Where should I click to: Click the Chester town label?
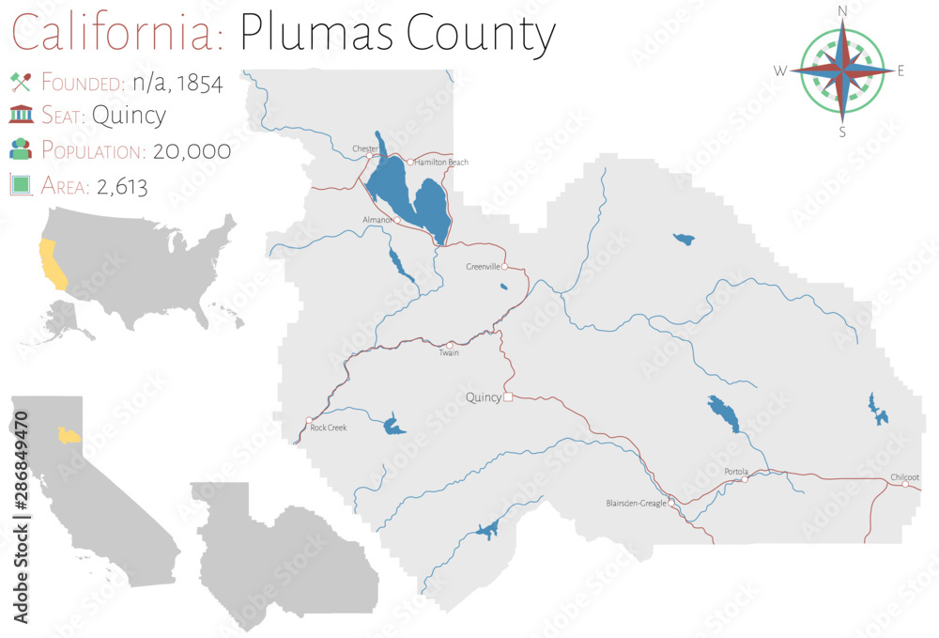point(365,148)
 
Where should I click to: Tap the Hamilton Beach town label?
point(442,163)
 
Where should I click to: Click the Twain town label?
point(449,353)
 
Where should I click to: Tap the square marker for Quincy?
point(508,397)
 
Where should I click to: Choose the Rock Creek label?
point(329,428)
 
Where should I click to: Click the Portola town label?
point(737,471)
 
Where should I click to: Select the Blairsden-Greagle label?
point(636,504)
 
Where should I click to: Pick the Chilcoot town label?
point(905,477)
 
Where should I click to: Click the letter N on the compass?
point(842,11)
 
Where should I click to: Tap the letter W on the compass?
point(780,71)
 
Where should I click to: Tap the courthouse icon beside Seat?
point(21,116)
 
